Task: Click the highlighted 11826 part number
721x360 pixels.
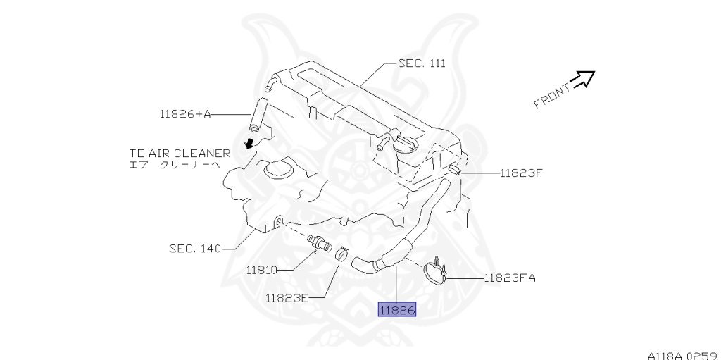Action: pyautogui.click(x=397, y=309)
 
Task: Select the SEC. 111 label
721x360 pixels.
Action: pyautogui.click(x=422, y=63)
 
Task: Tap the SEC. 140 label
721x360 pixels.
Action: pyautogui.click(x=195, y=248)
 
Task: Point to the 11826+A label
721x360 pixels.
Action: pyautogui.click(x=185, y=113)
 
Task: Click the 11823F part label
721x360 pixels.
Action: pyautogui.click(x=522, y=172)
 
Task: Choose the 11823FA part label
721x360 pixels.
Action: pyautogui.click(x=510, y=278)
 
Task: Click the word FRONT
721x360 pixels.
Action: pyautogui.click(x=551, y=97)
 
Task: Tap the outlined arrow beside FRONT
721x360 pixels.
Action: pyautogui.click(x=583, y=79)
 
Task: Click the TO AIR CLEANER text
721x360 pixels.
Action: pyautogui.click(x=180, y=153)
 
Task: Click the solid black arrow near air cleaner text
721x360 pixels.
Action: pyautogui.click(x=248, y=144)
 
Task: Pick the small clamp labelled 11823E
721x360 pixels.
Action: pyautogui.click(x=340, y=252)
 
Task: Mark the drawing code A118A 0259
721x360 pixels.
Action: pyautogui.click(x=682, y=354)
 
